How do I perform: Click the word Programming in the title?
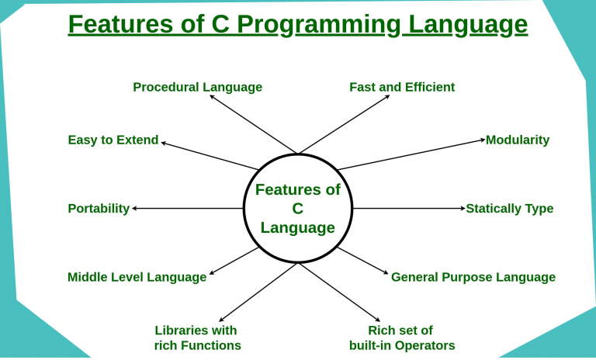coord(318,25)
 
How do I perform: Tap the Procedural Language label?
coord(198,88)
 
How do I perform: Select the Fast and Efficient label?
coord(402,87)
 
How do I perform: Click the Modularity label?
coord(518,140)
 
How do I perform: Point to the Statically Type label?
coord(510,209)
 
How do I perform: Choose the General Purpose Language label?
coord(473,277)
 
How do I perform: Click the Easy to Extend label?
coord(113,140)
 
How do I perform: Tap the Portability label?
coord(99,209)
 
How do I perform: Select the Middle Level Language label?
coord(137,277)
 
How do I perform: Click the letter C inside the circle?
coord(298,209)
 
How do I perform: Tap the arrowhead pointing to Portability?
coord(134,209)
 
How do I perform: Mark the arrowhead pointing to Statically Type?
coord(463,209)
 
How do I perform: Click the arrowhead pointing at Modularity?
coord(483,140)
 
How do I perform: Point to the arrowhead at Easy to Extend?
coord(164,143)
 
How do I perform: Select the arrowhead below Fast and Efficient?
coord(387,96)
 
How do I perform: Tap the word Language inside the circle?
coord(298,228)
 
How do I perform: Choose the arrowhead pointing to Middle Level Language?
coord(212,272)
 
